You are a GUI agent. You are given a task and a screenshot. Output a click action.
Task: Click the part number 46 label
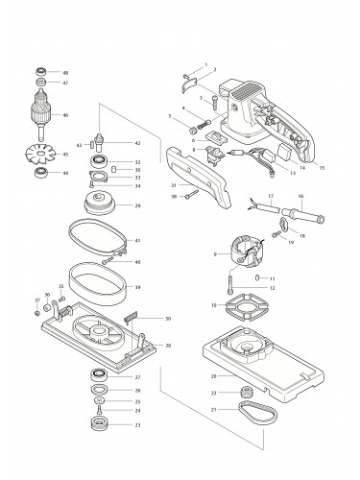pyautogui.click(x=65, y=115)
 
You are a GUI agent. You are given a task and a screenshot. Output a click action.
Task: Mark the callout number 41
pyautogui.click(x=138, y=239)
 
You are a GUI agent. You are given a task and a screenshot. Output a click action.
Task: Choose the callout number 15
pyautogui.click(x=323, y=168)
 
